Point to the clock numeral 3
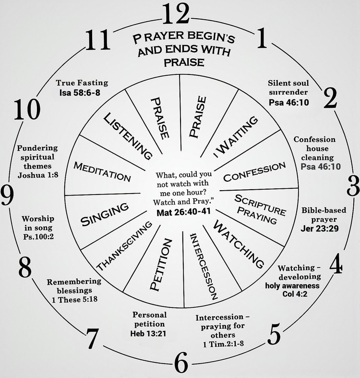(354, 184)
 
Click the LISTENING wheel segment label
(128, 136)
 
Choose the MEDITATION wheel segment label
(102, 171)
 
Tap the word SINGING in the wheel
(105, 214)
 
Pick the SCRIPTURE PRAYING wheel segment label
(260, 209)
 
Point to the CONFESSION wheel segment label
(254, 172)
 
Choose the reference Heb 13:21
(149, 333)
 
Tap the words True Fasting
(82, 83)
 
